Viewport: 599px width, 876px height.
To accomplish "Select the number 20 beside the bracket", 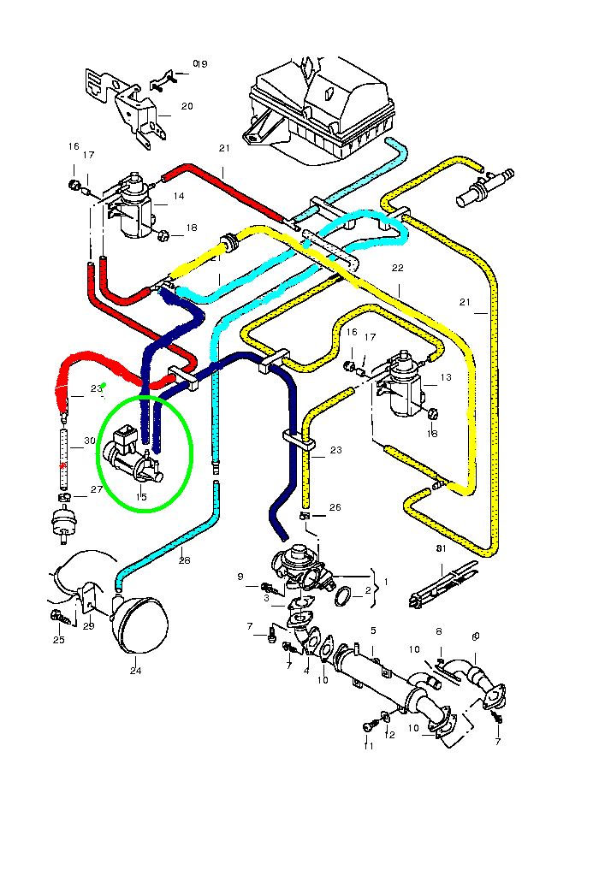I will (187, 107).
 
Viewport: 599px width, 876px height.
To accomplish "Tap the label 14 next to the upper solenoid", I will (179, 196).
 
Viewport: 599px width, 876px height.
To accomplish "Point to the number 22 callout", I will (397, 268).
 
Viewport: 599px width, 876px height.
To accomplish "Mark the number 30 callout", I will (90, 441).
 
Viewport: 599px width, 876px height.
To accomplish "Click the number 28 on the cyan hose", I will (184, 561).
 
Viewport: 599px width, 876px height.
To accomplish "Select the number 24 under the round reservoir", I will (135, 671).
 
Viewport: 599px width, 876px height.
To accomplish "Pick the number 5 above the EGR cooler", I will (373, 630).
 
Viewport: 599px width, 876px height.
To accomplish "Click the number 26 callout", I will (335, 507).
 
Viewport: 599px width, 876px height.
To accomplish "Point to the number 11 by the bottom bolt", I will (369, 746).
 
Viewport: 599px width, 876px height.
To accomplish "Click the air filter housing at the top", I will (321, 107).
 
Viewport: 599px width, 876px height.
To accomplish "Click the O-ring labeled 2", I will (341, 595).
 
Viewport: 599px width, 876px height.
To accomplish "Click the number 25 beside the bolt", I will (58, 640).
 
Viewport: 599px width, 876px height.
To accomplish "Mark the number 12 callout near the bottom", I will (390, 735).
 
